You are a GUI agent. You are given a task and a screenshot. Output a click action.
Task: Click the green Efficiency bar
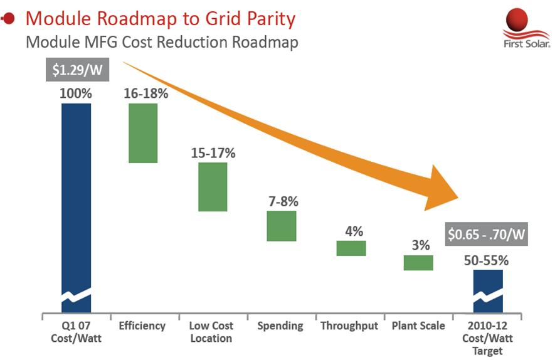pos(143,133)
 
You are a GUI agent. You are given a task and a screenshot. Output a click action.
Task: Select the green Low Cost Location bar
pos(213,187)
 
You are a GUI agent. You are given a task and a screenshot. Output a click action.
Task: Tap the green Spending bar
pos(281,226)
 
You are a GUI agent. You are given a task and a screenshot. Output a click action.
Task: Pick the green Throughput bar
pos(351,248)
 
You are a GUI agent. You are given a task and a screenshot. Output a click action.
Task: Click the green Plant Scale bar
pos(418,262)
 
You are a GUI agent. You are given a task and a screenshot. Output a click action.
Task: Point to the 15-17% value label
pos(213,152)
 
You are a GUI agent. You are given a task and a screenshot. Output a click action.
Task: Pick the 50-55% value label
pos(487,260)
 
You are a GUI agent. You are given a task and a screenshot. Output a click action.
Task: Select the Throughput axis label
pos(350,326)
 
